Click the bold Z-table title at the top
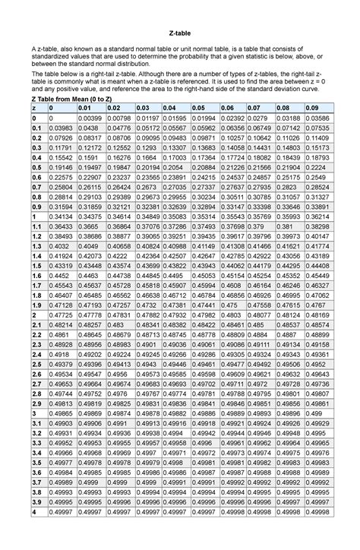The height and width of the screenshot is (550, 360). point(179,34)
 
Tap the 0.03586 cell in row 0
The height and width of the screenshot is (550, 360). point(317,119)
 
